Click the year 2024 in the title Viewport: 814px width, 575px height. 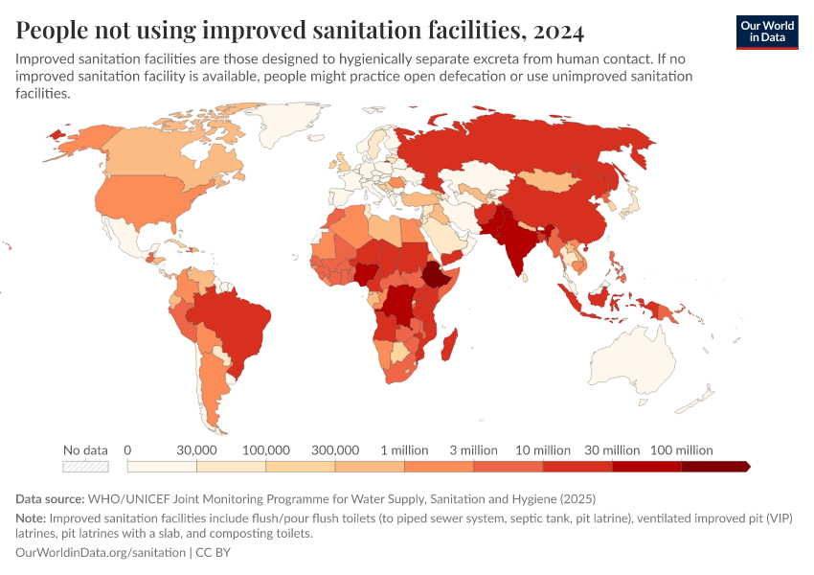tap(554, 31)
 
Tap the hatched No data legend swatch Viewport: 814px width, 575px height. tap(85, 467)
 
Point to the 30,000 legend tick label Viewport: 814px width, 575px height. tap(196, 449)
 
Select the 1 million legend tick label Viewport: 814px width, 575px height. tap(404, 449)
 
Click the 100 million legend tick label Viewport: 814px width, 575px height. tap(682, 449)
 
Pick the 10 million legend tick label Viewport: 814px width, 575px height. tap(543, 449)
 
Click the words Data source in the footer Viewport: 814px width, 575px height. tap(49, 499)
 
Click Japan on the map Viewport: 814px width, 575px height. tap(631, 202)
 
